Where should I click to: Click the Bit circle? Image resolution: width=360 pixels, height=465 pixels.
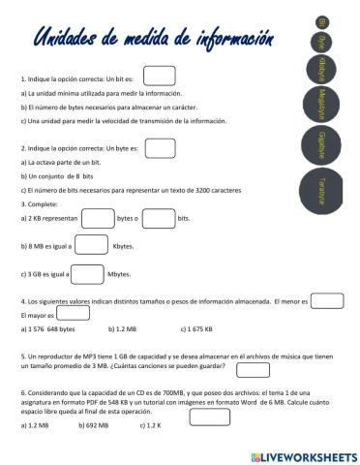tap(322, 20)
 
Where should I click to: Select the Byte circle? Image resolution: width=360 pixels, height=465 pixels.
tap(321, 41)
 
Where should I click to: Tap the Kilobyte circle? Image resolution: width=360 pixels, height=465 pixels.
tap(321, 69)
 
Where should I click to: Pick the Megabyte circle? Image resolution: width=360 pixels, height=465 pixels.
tap(321, 102)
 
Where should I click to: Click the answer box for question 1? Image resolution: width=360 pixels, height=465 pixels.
tap(159, 76)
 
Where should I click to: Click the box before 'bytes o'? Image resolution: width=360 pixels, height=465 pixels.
tap(97, 219)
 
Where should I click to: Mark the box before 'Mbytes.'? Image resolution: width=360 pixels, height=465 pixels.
tap(88, 274)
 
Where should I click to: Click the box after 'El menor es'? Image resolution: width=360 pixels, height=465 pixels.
tap(327, 301)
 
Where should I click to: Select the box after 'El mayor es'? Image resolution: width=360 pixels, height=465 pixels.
tap(73, 314)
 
